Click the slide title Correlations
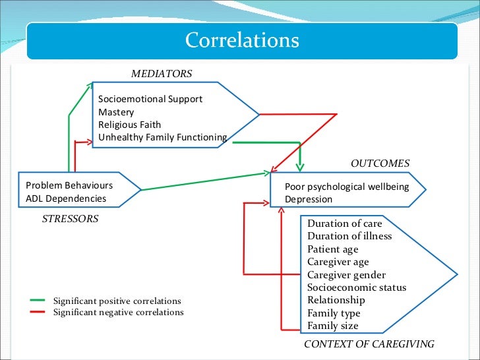tap(242, 40)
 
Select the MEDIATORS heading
tap(162, 74)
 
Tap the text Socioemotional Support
tap(150, 99)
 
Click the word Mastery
tap(116, 112)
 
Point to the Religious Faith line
tap(129, 125)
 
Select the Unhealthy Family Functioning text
tap(162, 137)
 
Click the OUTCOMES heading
tap(380, 164)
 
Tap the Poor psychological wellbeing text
tap(347, 187)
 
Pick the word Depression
tap(309, 199)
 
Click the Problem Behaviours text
tap(69, 185)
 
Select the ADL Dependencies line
tap(65, 198)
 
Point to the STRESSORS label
tap(70, 219)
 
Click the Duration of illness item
tap(349, 236)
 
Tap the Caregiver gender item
tap(346, 274)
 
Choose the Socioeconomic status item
tap(357, 287)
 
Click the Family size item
tap(333, 326)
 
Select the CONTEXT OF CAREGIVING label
tap(369, 344)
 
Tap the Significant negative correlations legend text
tap(118, 312)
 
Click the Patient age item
tap(333, 249)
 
